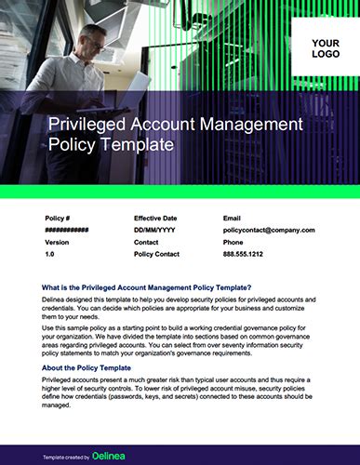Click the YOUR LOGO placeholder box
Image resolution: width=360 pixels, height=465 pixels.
pos(325,48)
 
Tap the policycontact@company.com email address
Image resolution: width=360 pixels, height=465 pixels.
pos(269,230)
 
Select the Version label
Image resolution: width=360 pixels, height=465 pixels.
pos(57,242)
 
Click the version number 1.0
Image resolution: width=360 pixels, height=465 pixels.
pos(50,253)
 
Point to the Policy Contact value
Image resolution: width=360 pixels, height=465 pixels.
pos(157,253)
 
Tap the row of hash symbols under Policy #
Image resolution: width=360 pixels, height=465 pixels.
pos(66,230)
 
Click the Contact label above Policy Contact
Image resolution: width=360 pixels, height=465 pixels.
pos(147,242)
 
